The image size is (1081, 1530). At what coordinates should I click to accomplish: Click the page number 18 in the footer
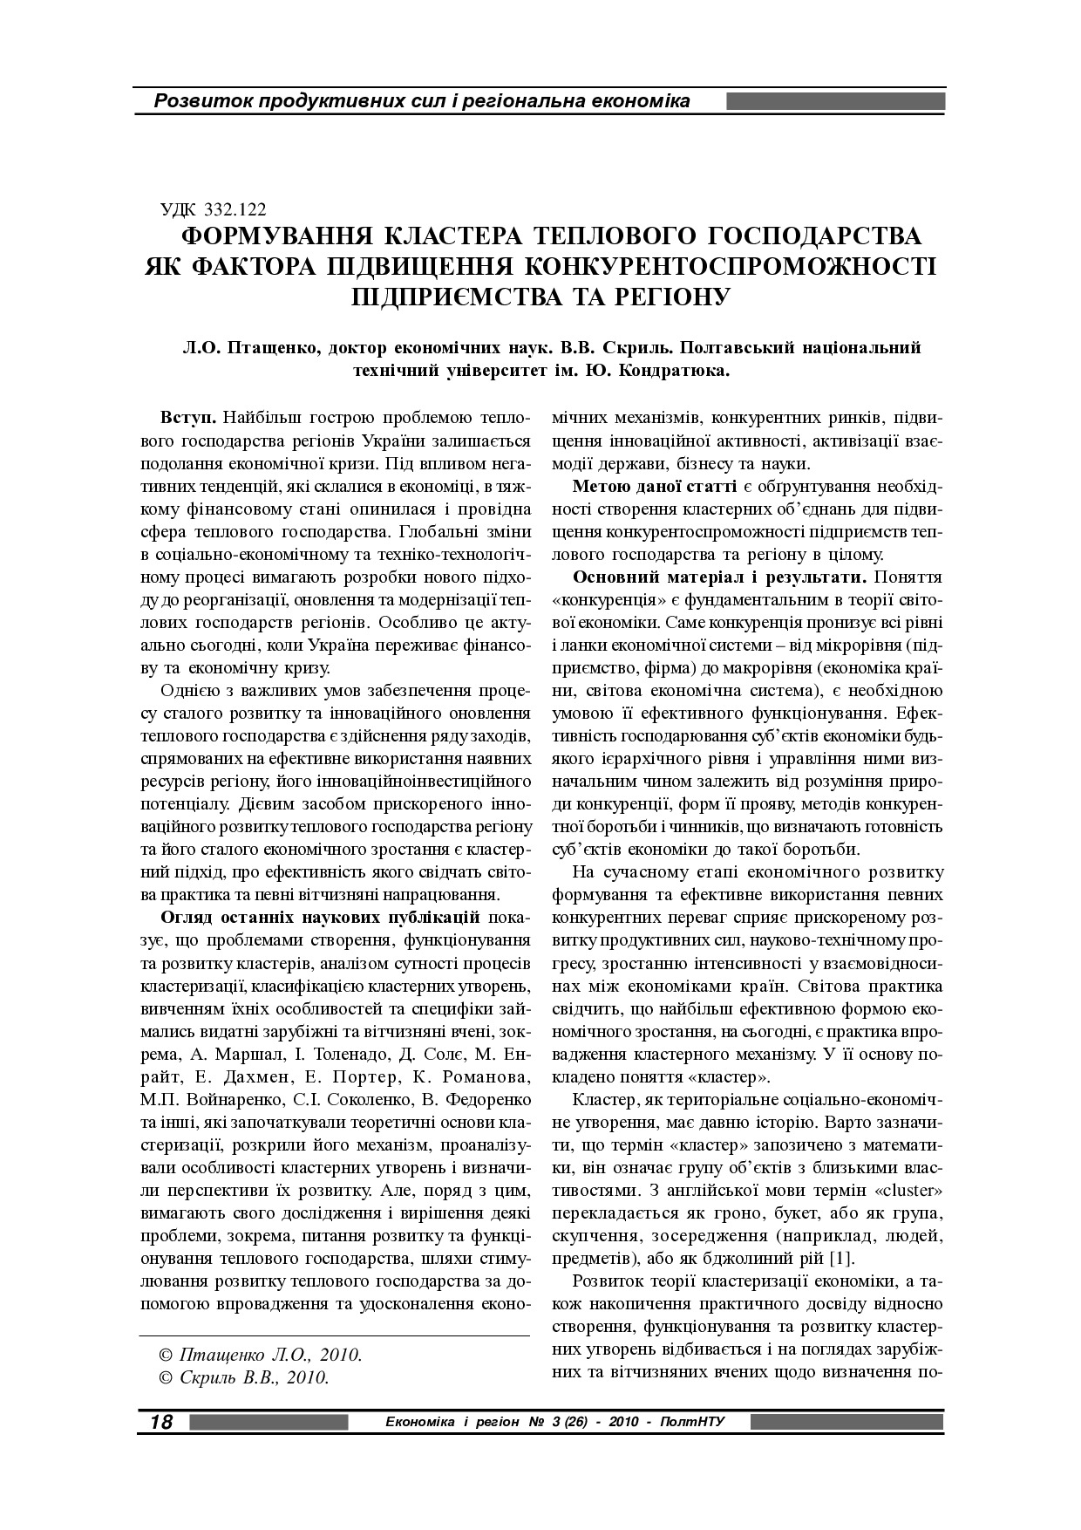point(161,1423)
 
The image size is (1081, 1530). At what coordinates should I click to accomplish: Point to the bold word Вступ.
point(188,416)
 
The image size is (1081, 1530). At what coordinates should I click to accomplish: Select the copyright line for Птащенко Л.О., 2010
point(261,1356)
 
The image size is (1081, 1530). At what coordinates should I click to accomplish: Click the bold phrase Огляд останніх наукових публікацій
point(321,918)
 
